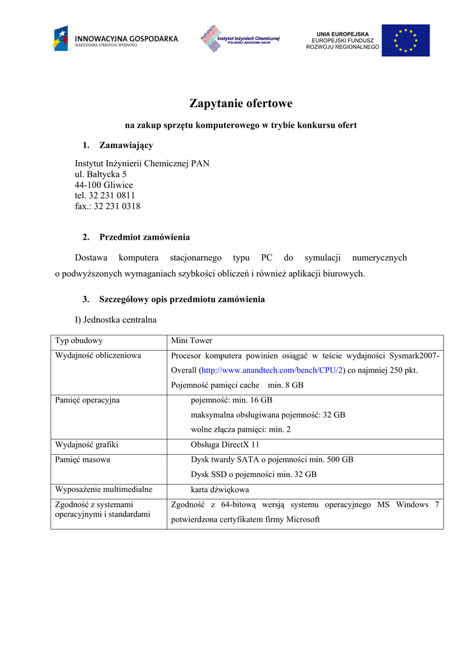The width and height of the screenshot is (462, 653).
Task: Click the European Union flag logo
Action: pos(405,40)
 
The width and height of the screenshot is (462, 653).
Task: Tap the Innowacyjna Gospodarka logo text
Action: pos(126,39)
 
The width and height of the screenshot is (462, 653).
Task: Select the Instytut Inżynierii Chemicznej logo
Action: pos(240,40)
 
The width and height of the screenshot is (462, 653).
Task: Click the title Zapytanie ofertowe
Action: pos(241,103)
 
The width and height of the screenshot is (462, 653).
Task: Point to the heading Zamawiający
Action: pos(126,145)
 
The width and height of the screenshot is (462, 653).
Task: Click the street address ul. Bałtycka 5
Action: pos(100,174)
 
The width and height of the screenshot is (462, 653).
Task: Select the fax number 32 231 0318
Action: pos(117,207)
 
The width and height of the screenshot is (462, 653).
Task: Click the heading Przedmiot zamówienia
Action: pos(144,237)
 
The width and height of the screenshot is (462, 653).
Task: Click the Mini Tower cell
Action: pos(191,341)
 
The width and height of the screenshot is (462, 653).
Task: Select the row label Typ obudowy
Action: pos(79,341)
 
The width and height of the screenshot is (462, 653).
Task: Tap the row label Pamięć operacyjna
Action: pos(87,400)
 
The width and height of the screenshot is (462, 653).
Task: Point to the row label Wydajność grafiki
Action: pos(87,445)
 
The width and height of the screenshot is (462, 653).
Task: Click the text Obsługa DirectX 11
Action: pos(225,445)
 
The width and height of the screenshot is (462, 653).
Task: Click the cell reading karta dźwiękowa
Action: pos(220,490)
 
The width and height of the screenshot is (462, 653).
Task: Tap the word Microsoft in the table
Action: pos(302,520)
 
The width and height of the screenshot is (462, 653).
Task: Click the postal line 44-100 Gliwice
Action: pos(104,185)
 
